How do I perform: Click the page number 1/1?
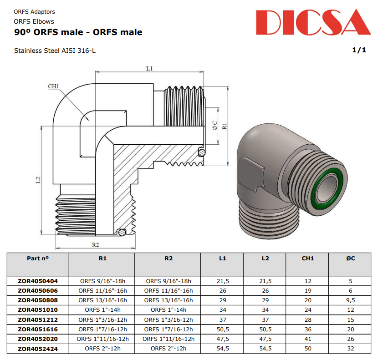(x=359, y=50)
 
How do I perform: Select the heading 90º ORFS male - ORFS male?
(x=78, y=32)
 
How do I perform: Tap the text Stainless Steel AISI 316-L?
(x=55, y=51)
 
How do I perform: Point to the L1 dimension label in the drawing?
(x=149, y=68)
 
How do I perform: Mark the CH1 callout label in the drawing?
(x=54, y=86)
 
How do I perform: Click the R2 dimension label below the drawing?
(x=95, y=244)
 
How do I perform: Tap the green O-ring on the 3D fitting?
(x=327, y=184)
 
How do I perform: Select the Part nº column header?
(x=38, y=258)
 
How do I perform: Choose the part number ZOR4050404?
(x=38, y=281)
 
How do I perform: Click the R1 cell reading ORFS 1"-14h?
(x=102, y=310)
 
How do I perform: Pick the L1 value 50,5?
(x=222, y=329)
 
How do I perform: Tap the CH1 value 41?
(x=308, y=339)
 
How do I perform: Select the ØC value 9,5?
(x=350, y=300)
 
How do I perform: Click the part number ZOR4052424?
(x=38, y=349)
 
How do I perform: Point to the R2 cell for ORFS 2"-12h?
(x=169, y=349)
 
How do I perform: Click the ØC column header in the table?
(x=350, y=258)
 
